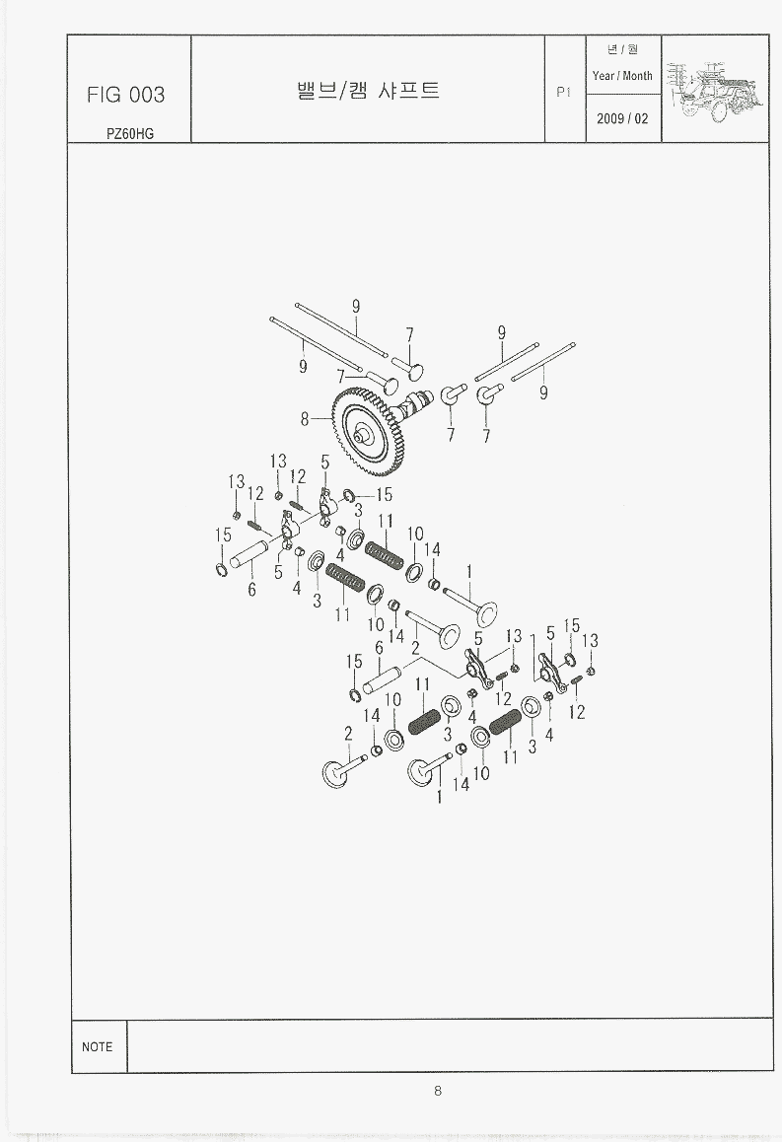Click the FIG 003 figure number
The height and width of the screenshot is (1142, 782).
(x=126, y=95)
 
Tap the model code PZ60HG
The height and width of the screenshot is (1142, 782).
(x=130, y=134)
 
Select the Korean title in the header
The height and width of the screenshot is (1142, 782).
(x=369, y=91)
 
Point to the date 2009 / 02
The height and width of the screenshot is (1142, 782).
(x=622, y=118)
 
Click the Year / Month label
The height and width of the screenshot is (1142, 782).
(x=622, y=76)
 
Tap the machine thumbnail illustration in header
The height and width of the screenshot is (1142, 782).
(x=715, y=89)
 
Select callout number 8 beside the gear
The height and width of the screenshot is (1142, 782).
(x=305, y=419)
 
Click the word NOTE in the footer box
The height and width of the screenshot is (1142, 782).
(x=98, y=1046)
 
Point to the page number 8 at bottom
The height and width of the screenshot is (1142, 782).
(x=438, y=1091)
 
